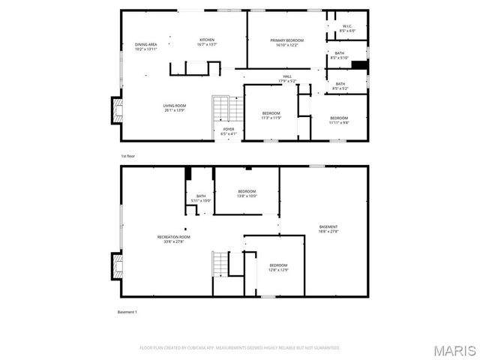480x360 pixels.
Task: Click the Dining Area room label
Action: click(x=146, y=47)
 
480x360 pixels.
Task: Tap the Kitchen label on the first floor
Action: click(x=207, y=42)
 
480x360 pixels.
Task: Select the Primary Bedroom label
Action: click(x=286, y=42)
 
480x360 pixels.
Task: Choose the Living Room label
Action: click(x=175, y=108)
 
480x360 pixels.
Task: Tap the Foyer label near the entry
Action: click(x=229, y=132)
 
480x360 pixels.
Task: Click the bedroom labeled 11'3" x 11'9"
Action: click(x=271, y=116)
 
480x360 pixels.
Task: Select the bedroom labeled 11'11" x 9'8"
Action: click(x=339, y=120)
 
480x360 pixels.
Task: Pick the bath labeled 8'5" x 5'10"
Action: click(x=340, y=55)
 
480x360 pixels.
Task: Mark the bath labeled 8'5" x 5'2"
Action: click(x=340, y=86)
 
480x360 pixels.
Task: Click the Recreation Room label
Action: click(x=173, y=239)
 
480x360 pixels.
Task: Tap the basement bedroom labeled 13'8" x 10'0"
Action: click(x=247, y=193)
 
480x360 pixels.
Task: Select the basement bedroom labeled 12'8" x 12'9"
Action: click(x=278, y=267)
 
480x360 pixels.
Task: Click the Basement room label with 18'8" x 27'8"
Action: click(x=328, y=229)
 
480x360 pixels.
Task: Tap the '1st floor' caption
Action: click(x=128, y=156)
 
